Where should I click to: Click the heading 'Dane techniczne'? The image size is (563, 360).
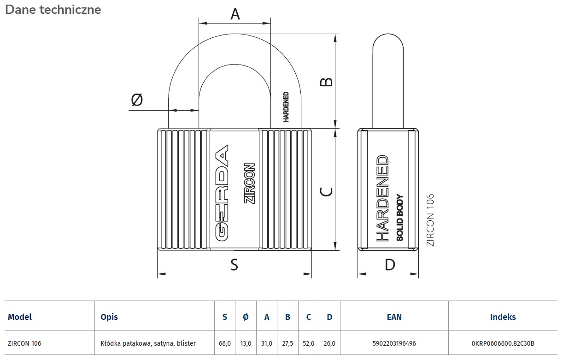point(53,9)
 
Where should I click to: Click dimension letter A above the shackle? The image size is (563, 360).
point(235,15)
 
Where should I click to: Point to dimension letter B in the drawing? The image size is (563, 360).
point(326,82)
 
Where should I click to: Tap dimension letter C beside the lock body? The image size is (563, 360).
point(326,191)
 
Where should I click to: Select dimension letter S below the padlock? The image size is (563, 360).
point(234,265)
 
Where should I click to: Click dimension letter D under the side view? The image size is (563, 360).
point(390,265)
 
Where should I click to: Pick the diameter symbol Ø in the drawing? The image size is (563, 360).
point(137,99)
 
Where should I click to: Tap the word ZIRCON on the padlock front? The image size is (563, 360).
point(249,183)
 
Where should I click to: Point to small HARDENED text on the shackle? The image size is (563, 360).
point(286,106)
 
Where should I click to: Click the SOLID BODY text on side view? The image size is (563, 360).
point(399,218)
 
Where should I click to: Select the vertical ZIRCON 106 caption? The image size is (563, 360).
point(430,220)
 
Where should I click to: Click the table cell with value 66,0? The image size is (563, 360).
point(225,343)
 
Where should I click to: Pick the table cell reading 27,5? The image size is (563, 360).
point(287,343)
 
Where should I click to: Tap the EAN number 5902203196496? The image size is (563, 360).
point(394,343)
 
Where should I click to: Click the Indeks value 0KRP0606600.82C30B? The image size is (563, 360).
point(503,343)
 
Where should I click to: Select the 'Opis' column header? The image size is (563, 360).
point(109,317)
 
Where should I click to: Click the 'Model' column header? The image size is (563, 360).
point(20,317)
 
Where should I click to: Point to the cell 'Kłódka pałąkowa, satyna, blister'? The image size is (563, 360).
point(148,343)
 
